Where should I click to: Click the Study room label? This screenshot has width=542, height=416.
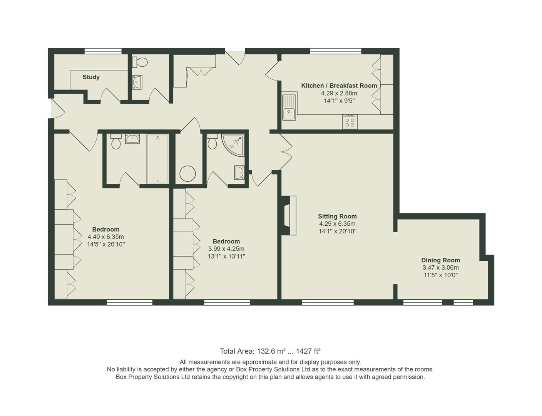(x=91, y=77)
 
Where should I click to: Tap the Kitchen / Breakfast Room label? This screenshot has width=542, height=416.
(x=339, y=86)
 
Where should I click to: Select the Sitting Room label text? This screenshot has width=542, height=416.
(x=337, y=216)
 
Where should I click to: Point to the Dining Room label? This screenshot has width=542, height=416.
(x=440, y=260)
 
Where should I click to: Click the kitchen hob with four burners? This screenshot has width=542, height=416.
(x=350, y=122)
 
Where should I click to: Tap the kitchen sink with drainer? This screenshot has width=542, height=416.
(x=289, y=107)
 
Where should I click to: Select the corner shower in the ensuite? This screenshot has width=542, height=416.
(x=233, y=145)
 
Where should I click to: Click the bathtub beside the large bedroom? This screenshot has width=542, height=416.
(x=158, y=159)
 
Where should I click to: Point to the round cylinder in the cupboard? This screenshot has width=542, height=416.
(x=188, y=174)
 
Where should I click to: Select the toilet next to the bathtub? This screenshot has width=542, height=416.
(x=116, y=142)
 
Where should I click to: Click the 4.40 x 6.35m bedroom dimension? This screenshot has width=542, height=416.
(x=106, y=237)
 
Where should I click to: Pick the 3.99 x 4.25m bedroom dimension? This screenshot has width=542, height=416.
(x=226, y=249)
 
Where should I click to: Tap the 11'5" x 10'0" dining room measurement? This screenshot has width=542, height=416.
(x=440, y=275)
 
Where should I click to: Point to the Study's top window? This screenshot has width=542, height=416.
(x=103, y=51)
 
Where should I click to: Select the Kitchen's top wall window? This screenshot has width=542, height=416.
(x=336, y=51)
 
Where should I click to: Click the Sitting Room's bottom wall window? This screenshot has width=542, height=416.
(x=328, y=303)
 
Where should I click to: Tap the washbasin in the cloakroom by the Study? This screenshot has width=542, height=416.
(x=137, y=82)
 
